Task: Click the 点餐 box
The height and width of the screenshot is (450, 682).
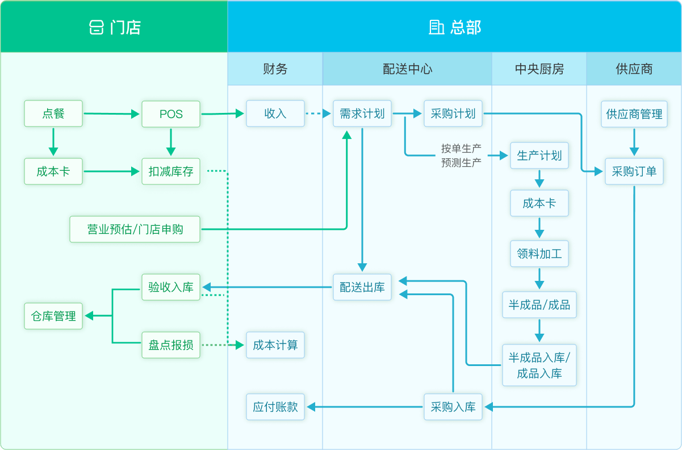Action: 53,113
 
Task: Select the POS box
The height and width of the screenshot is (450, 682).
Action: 171,113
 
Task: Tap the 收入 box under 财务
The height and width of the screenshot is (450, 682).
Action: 275,113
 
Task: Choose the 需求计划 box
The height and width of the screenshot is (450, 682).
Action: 362,113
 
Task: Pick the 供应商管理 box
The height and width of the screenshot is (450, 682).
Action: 634,113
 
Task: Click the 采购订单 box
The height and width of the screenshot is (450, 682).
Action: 634,171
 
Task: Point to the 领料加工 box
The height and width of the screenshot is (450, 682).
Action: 539,253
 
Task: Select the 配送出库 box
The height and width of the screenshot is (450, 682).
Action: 362,287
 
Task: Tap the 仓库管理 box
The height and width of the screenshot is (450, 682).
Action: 53,316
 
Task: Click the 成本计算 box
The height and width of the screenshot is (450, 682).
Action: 275,344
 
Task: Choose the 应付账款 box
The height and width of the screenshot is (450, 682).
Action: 275,406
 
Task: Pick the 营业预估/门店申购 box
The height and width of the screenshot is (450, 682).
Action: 135,229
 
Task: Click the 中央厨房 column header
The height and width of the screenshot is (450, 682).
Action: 539,69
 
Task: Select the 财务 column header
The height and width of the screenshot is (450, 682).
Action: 275,69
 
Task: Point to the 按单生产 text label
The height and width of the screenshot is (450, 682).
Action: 461,149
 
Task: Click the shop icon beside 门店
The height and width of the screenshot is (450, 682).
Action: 97,27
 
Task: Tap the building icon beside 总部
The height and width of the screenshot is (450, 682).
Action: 436,27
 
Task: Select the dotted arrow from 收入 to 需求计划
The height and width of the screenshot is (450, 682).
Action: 318,114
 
